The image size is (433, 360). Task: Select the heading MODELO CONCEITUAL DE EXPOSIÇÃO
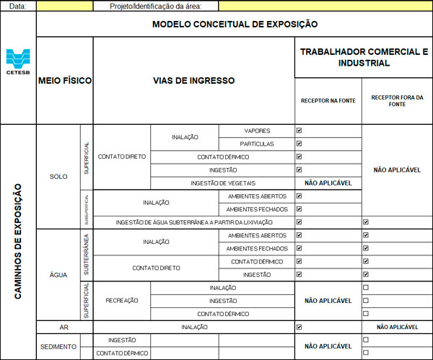235,24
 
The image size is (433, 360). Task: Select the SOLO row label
58,176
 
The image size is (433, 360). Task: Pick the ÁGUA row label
58,274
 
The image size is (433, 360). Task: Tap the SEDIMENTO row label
58,346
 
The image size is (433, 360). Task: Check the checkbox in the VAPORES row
299,131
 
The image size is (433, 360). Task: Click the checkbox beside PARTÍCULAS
299,144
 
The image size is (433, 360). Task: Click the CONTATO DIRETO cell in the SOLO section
122,156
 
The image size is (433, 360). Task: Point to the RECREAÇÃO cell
122,300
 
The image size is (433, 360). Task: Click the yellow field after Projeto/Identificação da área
321,5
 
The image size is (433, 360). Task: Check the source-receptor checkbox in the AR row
299,327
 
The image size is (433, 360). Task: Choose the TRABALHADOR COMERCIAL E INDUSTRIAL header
363,58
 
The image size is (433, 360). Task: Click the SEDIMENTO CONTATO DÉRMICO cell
122,354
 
